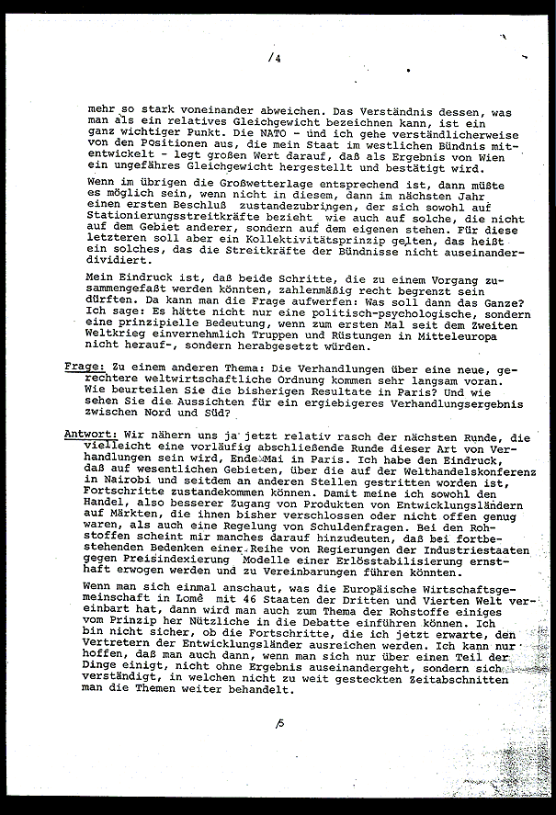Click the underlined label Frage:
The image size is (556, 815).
86,367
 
